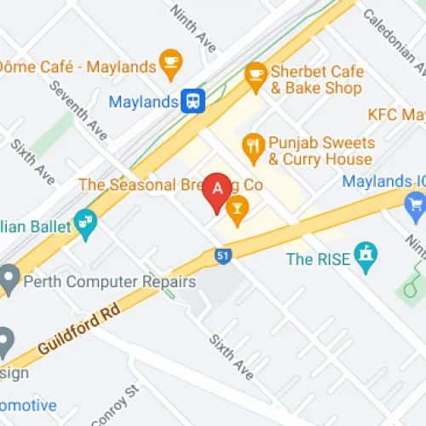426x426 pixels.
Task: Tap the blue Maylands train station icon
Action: (193, 101)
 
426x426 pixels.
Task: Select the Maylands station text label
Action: (143, 102)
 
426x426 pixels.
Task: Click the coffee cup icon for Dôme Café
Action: (171, 63)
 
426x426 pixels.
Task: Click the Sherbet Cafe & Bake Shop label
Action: (315, 79)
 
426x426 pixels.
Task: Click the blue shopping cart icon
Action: (416, 202)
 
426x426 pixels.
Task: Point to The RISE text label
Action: (318, 259)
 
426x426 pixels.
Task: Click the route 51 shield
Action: (222, 255)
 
